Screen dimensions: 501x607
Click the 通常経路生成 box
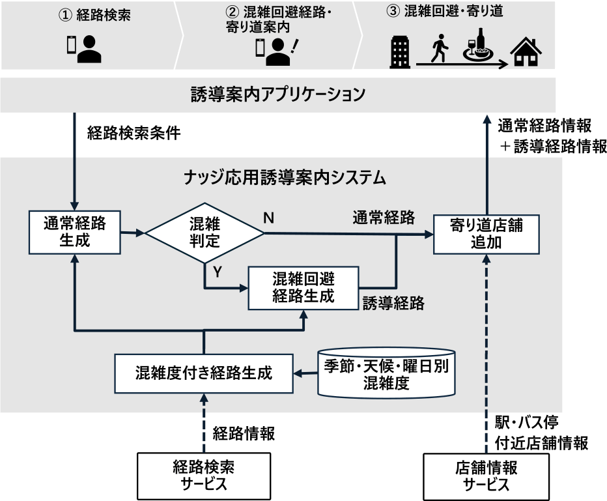(x=75, y=232)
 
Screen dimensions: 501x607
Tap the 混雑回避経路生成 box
(x=303, y=287)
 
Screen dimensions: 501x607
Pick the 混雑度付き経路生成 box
(x=203, y=373)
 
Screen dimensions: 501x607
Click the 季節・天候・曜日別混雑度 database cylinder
(x=386, y=373)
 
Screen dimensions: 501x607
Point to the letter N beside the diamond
(x=268, y=218)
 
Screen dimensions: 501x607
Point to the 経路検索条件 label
(x=134, y=133)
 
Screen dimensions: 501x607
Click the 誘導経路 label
(x=393, y=302)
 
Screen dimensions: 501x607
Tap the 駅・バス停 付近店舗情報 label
(x=541, y=433)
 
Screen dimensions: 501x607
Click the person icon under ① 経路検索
(x=89, y=49)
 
